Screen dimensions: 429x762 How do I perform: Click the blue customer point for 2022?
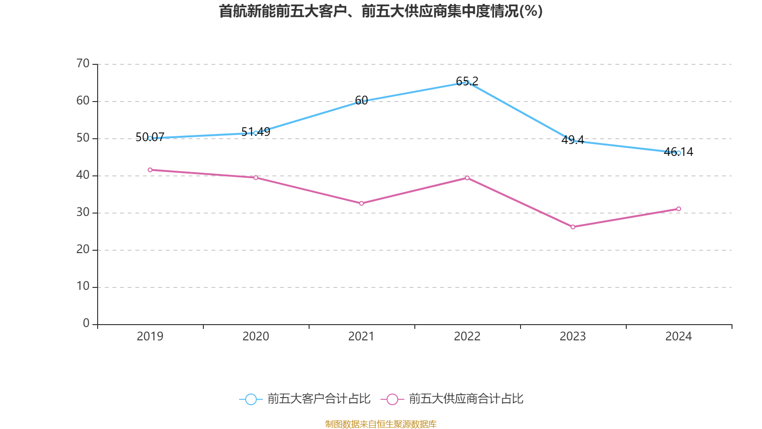point(467,82)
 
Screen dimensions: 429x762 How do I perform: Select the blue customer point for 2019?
point(150,138)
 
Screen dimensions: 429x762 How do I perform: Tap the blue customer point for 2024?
point(679,153)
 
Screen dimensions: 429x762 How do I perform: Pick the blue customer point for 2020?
point(256,133)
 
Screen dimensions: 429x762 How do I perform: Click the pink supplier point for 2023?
point(573,227)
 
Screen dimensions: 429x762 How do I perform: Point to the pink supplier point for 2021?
point(361,204)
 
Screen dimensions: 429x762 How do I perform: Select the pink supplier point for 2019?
point(150,170)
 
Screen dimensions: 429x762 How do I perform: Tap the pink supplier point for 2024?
point(679,209)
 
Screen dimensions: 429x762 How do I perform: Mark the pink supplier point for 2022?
point(467,178)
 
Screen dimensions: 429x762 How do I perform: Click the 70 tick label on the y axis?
point(83,63)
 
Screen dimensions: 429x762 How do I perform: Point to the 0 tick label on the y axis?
point(86,324)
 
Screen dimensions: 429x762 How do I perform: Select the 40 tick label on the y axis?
point(83,175)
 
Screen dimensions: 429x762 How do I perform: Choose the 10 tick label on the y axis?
point(83,286)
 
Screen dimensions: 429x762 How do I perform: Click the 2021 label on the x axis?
point(361,337)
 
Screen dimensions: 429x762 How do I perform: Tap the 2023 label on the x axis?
point(573,337)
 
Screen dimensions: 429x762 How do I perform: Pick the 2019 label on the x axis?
point(150,337)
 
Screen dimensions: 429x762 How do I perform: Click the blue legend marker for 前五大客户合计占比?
point(251,399)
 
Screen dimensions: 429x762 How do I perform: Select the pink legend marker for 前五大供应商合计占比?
point(392,399)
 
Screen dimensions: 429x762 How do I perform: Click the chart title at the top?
point(381,11)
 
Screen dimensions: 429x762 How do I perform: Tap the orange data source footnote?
point(381,424)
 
